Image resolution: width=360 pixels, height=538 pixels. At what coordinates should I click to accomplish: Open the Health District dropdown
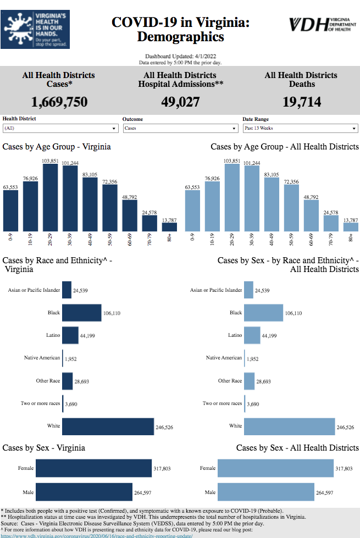point(60,128)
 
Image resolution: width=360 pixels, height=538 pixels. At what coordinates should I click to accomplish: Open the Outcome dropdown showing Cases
point(180,128)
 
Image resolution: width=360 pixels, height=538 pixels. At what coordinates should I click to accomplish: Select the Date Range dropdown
point(300,128)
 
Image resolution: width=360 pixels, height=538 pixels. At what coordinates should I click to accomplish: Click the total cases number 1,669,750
point(59,102)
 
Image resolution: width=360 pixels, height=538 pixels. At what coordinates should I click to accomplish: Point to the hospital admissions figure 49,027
point(180,102)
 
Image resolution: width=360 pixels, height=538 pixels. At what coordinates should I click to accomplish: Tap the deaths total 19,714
point(302,102)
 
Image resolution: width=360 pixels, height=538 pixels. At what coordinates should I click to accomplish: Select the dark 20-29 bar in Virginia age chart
point(51,198)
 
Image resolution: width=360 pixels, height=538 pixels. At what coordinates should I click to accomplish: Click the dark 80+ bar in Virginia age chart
point(169,226)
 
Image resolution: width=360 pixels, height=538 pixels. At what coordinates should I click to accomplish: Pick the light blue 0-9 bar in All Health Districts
point(192,211)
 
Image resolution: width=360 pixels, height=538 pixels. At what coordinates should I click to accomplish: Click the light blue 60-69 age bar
point(311,215)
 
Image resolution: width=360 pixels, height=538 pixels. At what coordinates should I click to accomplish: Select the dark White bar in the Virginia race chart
point(108,426)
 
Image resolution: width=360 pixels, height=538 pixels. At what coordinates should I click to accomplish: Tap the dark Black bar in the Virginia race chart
point(81,313)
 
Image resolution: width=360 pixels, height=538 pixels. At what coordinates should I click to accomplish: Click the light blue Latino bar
point(252,335)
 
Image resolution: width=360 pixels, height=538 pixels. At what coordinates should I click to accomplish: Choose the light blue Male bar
point(265,492)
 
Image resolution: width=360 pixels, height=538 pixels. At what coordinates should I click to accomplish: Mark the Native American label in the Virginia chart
point(42,358)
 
